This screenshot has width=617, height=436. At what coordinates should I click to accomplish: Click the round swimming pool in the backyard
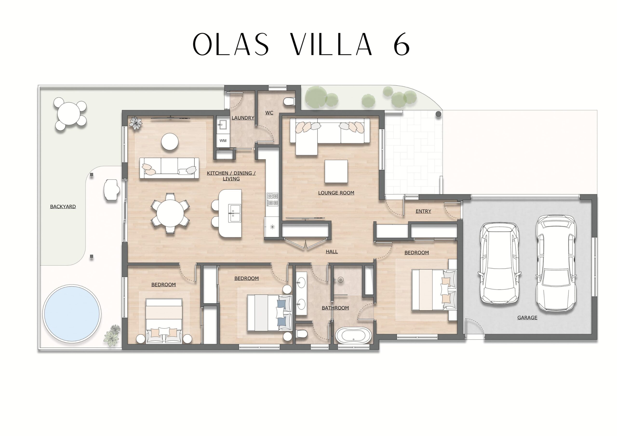[x=72, y=314]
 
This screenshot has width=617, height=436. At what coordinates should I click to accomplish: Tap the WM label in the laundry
[x=223, y=140]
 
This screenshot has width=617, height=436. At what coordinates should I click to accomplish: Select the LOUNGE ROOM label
[x=336, y=193]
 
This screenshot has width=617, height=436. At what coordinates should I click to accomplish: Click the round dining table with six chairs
[x=170, y=213]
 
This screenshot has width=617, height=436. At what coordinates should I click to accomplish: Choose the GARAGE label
[x=527, y=317]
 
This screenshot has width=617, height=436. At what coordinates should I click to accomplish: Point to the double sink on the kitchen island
[x=234, y=213]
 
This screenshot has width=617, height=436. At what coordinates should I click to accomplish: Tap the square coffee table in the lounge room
[x=336, y=172]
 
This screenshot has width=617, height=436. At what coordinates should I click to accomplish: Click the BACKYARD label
[x=63, y=207]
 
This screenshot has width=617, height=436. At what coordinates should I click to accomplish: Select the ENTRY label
[x=423, y=211]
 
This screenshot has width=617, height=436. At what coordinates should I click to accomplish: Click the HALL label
[x=332, y=252]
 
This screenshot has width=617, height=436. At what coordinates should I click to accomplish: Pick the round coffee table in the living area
[x=170, y=142]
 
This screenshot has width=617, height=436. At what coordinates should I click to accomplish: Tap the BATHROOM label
[x=335, y=308]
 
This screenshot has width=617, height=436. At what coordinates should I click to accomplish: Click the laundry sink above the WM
[x=223, y=125]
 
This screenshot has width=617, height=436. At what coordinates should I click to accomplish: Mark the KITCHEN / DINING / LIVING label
[x=231, y=176]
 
